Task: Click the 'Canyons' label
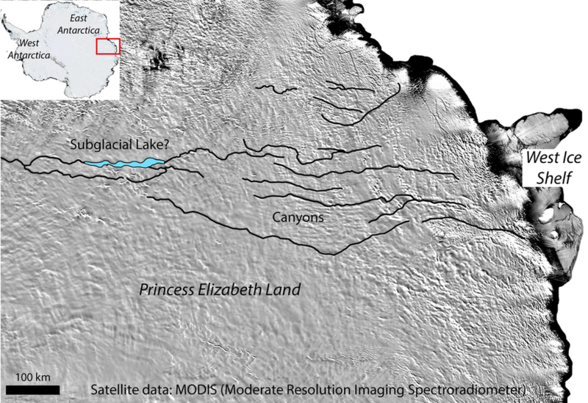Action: coord(298,218)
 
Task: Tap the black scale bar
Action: coord(33,389)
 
